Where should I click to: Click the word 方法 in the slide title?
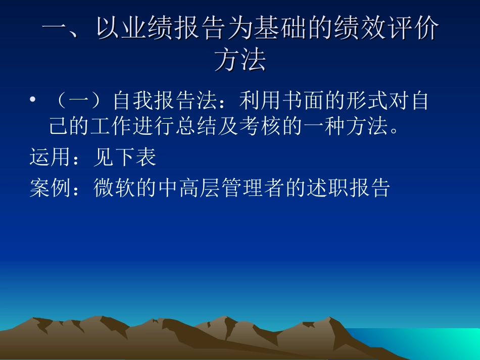click(240, 60)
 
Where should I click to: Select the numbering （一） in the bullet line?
click(78, 101)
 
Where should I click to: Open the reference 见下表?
click(125, 158)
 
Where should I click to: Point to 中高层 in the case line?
click(189, 188)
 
